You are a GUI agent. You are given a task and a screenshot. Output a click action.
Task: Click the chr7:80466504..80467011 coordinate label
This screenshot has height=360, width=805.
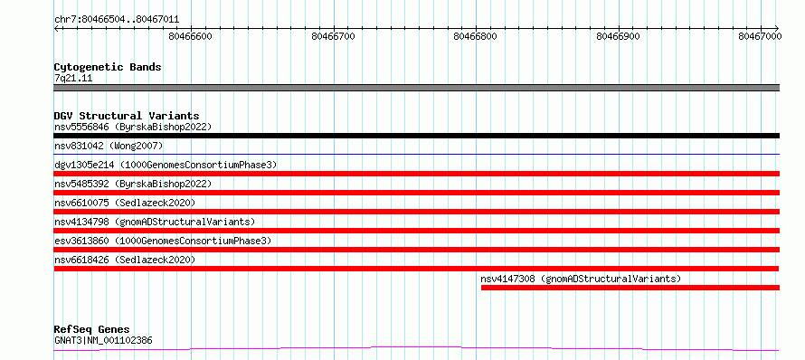pos(117,20)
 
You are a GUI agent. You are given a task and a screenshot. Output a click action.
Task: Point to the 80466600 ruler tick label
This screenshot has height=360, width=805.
pos(191,36)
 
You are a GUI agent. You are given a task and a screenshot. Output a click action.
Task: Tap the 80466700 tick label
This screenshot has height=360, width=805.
pos(334,36)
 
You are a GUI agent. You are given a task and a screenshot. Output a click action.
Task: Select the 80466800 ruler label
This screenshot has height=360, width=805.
pos(476,36)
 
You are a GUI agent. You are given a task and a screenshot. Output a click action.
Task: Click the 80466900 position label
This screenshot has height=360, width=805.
pos(619,36)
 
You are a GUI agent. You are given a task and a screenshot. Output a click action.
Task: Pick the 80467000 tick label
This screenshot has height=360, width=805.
pos(760,36)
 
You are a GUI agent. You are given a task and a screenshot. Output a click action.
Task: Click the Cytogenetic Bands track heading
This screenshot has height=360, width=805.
pos(108,67)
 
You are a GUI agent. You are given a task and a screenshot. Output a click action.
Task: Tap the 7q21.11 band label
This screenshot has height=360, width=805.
pos(73,79)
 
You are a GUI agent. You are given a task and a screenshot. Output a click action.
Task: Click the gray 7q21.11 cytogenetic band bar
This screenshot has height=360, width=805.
pos(416,88)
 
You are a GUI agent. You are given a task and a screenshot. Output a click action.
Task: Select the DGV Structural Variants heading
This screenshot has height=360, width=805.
pos(127,116)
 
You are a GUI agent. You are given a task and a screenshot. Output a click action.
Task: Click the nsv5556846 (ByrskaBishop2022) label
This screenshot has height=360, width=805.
pos(133,127)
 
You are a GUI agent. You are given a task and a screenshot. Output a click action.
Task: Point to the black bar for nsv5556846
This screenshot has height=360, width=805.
pos(416,136)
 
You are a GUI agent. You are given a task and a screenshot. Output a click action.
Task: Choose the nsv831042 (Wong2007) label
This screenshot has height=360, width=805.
pos(109,146)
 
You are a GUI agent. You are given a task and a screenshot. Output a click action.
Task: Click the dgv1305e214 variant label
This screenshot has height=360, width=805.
pos(166,165)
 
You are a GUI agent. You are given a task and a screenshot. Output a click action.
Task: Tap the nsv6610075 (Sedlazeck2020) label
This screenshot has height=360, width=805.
pos(125,203)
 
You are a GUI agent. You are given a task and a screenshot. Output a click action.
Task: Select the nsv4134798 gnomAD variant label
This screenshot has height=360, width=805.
pos(155,222)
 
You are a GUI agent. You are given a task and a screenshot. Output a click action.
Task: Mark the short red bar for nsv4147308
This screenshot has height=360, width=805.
pos(630,288)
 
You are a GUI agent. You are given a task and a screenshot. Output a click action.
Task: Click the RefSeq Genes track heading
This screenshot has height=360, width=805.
pos(92,330)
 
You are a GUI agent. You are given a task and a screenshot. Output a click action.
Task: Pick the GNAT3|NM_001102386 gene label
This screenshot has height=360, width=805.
pos(103,340)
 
